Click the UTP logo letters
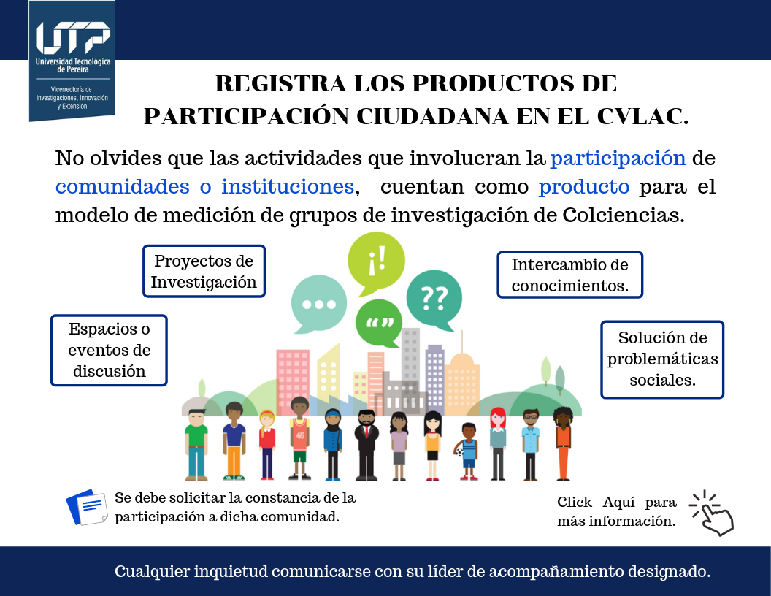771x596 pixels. point(73,37)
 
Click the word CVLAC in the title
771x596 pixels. point(642,117)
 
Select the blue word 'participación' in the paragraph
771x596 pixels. point(618,159)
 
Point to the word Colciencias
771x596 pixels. point(623,215)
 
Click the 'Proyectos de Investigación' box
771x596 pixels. point(204,271)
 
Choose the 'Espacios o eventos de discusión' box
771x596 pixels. point(110,350)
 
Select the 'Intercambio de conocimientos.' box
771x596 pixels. point(570,275)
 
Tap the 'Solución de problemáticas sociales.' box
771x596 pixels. point(662,359)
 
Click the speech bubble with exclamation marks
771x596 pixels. point(376,261)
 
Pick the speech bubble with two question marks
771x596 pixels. point(434,299)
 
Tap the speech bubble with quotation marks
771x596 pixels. point(379,323)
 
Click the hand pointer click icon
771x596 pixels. point(712,513)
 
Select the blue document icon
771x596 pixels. point(87,507)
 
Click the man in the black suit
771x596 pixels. point(367,445)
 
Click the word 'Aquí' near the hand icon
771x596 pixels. point(618,503)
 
